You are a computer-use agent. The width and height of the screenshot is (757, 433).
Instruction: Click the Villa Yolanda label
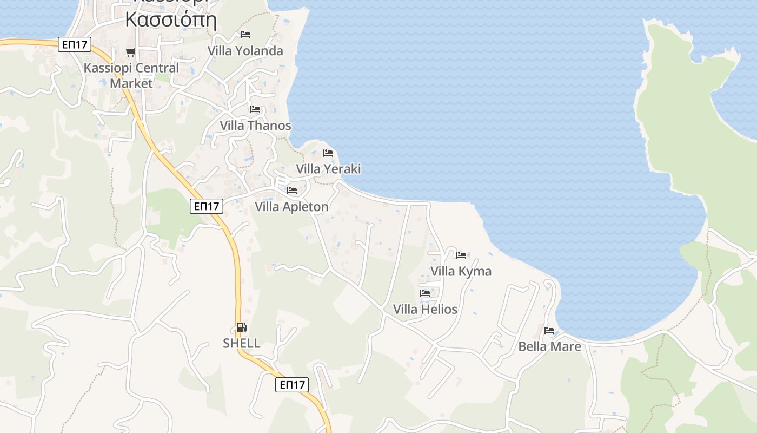click(245, 51)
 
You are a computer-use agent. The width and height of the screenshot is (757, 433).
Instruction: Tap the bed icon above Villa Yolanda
click(245, 35)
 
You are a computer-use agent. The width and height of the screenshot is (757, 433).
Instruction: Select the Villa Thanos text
click(255, 126)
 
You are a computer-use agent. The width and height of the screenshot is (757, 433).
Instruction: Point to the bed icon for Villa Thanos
click(255, 109)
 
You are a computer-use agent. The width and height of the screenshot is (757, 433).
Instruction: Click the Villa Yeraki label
click(328, 169)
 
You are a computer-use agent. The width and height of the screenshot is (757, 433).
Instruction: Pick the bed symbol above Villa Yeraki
click(328, 153)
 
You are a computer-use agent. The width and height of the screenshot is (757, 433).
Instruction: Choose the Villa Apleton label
click(291, 207)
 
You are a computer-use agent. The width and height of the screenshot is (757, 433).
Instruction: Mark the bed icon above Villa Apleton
click(292, 191)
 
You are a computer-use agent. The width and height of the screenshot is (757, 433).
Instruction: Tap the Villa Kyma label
click(461, 271)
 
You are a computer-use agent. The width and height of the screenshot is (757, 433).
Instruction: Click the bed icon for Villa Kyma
click(461, 255)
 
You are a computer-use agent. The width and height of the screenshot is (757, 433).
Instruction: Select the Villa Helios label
click(425, 310)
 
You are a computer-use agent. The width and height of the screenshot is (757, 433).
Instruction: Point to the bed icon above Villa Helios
click(425, 293)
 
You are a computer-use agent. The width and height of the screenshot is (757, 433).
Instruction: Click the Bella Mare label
click(549, 346)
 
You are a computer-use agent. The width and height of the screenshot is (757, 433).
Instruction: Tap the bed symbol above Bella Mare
click(549, 330)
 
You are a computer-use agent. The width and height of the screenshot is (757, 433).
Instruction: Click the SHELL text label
click(242, 343)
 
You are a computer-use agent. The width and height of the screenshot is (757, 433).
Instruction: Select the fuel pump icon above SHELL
click(241, 327)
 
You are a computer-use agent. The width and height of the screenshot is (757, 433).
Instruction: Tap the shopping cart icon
click(130, 53)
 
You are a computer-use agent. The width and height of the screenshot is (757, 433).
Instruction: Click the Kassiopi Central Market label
click(131, 76)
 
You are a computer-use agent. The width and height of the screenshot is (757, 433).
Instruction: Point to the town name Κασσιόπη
click(171, 20)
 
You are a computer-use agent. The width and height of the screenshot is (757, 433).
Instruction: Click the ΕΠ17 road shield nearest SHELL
click(292, 385)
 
